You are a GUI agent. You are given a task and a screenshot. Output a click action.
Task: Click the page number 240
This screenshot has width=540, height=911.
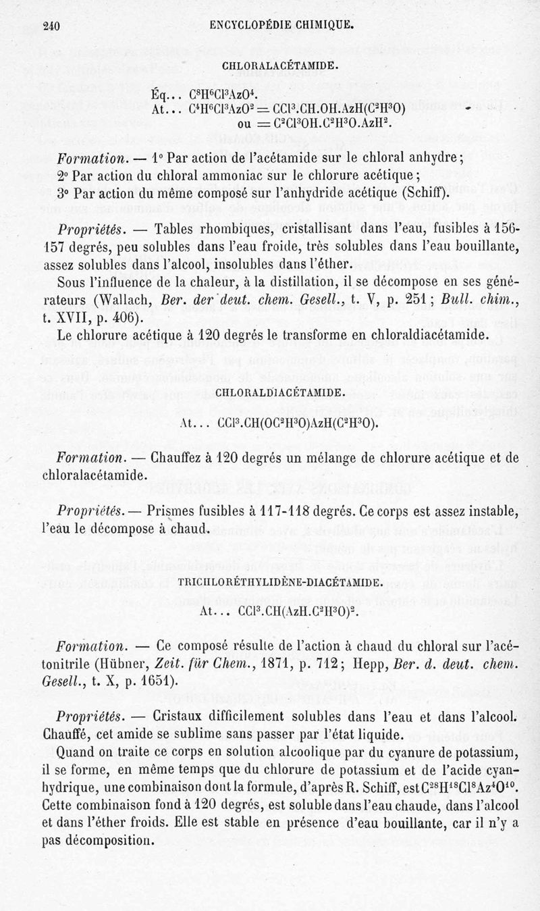click(x=51, y=26)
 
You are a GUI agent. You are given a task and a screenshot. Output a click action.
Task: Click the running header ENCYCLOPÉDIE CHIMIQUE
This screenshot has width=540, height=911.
click(x=282, y=26)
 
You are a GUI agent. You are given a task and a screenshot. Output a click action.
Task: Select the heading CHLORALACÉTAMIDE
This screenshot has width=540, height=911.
click(x=280, y=67)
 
